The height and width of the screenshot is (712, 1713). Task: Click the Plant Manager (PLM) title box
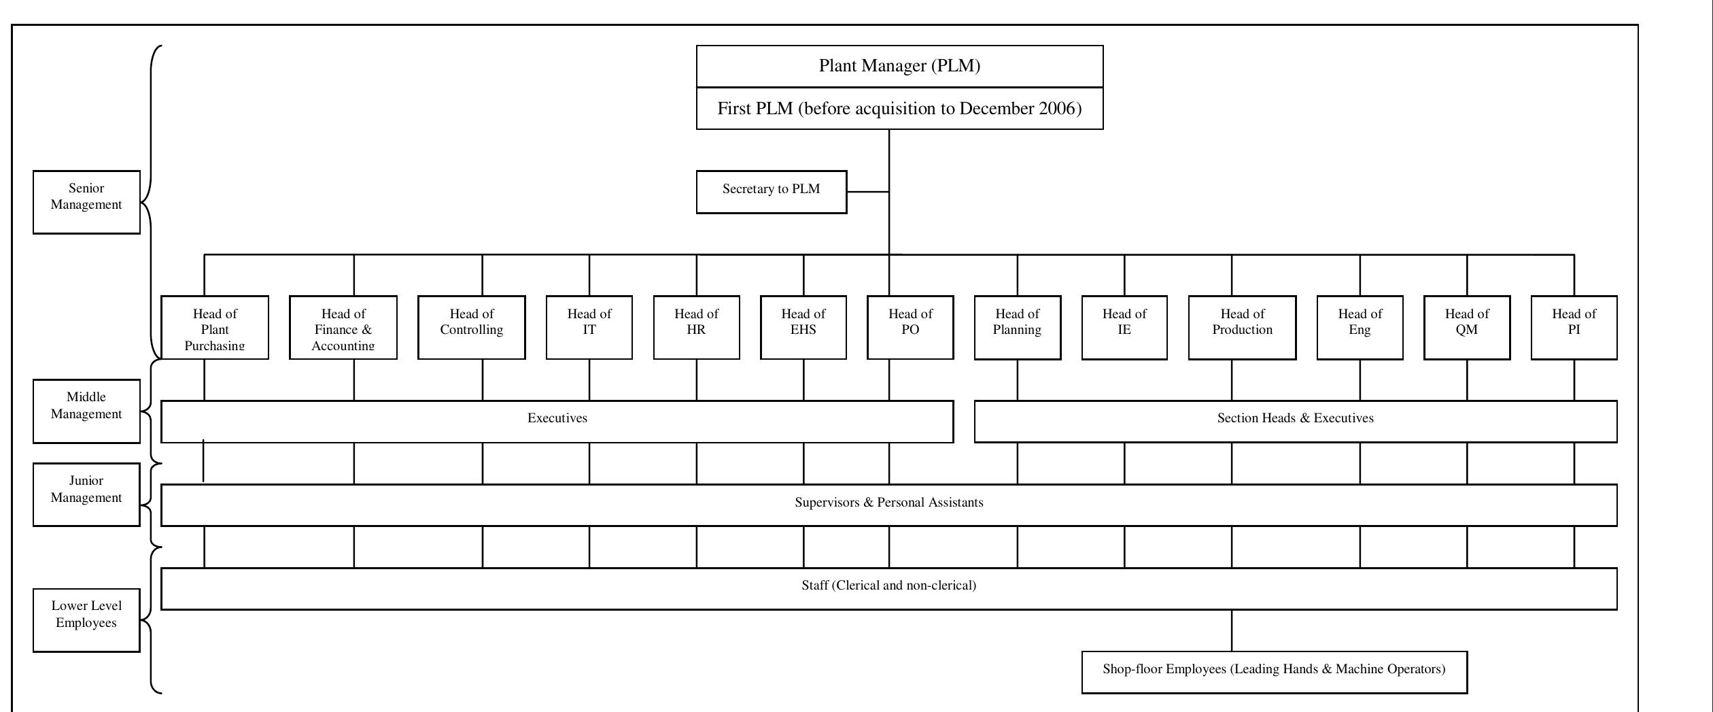899,66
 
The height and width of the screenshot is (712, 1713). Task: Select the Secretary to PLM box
771,192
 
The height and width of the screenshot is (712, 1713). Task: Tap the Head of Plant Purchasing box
214,328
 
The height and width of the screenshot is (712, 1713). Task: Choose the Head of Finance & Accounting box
343,328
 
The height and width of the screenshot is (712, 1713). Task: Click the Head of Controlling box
471,327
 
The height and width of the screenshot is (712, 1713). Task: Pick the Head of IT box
589,327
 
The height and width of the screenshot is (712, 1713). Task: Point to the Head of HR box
696,327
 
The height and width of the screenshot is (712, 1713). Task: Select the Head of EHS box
803,327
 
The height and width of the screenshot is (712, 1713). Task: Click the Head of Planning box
1017,327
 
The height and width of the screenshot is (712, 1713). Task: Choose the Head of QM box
1466,327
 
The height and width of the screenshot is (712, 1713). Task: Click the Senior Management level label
86,202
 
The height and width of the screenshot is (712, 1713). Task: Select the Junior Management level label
86,494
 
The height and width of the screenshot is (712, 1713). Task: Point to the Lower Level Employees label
86,620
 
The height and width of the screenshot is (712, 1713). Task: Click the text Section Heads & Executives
1295,418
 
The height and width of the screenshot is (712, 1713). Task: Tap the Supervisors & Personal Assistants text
888,503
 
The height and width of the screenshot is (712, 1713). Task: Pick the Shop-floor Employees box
1273,672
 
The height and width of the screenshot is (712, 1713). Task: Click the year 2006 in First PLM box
1059,109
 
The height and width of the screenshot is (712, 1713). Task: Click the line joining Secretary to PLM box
867,192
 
